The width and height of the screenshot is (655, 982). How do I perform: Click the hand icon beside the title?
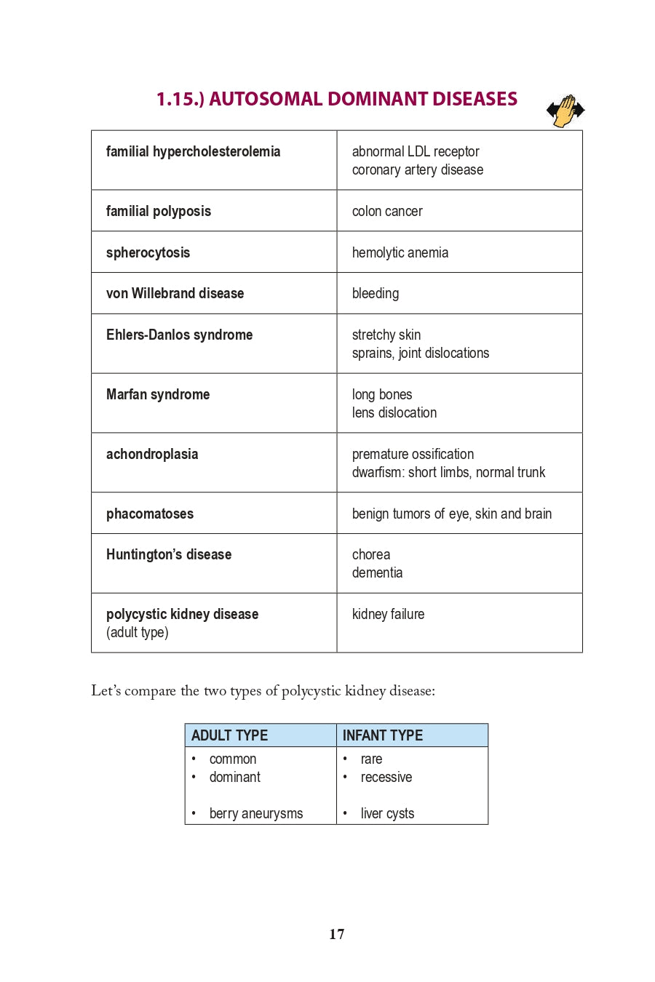click(565, 111)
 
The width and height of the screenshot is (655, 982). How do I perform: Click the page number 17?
click(336, 934)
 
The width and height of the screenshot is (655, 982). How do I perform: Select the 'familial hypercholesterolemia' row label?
click(193, 151)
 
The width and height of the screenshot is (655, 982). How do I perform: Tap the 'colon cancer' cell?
click(387, 211)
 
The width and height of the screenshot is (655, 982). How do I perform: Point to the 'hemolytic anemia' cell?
click(400, 252)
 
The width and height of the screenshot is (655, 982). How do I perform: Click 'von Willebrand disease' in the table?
click(175, 293)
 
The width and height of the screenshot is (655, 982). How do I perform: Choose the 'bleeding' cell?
click(376, 293)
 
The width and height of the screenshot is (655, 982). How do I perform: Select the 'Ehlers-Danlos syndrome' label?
click(179, 335)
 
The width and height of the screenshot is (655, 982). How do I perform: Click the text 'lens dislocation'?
click(394, 412)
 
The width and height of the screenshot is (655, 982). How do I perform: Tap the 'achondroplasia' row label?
click(152, 454)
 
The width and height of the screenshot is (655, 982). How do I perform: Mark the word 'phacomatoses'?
click(150, 514)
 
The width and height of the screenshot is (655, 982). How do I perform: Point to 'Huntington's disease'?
click(169, 554)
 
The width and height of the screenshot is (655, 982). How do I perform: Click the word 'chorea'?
click(371, 554)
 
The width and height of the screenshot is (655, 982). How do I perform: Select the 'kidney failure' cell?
click(388, 614)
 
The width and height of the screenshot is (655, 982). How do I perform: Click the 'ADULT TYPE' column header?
click(230, 735)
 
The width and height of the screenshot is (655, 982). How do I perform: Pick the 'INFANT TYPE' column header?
click(383, 735)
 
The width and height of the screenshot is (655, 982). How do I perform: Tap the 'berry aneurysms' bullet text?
click(256, 813)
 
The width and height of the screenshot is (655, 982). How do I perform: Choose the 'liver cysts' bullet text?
click(387, 813)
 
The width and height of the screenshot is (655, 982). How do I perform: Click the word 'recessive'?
click(386, 777)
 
